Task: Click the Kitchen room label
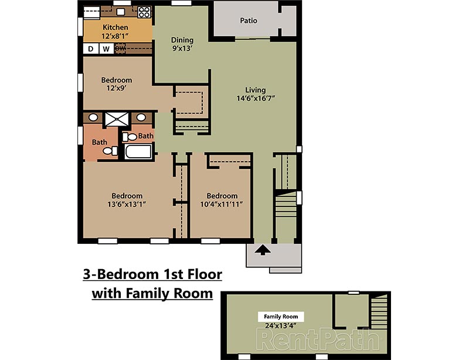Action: click(x=115, y=27)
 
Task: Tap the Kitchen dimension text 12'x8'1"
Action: click(x=115, y=36)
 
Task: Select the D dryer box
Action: click(x=91, y=49)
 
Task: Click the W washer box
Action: click(x=106, y=49)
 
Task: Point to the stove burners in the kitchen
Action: click(x=144, y=11)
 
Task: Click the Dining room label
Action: click(x=182, y=40)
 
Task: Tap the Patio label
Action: click(x=249, y=21)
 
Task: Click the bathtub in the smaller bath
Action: click(x=138, y=152)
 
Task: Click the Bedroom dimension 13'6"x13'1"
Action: click(x=127, y=205)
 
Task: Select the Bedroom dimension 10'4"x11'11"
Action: click(x=222, y=205)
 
